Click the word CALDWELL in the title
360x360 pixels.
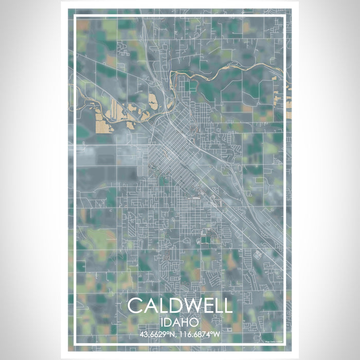179,305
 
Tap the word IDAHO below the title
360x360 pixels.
179,321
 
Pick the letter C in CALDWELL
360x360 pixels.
135,305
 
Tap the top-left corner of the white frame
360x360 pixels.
76,17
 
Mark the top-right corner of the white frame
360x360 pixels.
284,17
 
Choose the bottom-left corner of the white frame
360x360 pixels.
76,343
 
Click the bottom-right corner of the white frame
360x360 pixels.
284,343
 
